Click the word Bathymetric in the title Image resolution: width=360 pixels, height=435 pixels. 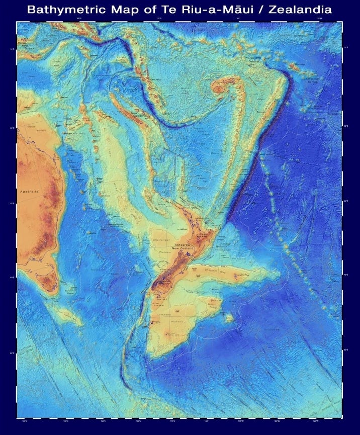click(x=65, y=10)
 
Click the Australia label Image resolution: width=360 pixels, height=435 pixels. click(x=29, y=192)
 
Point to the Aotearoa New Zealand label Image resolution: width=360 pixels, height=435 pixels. click(x=182, y=246)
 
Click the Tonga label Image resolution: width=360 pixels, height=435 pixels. click(x=260, y=112)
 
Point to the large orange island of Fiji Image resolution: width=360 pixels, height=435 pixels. click(x=220, y=89)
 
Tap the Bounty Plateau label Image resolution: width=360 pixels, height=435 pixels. click(x=214, y=305)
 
